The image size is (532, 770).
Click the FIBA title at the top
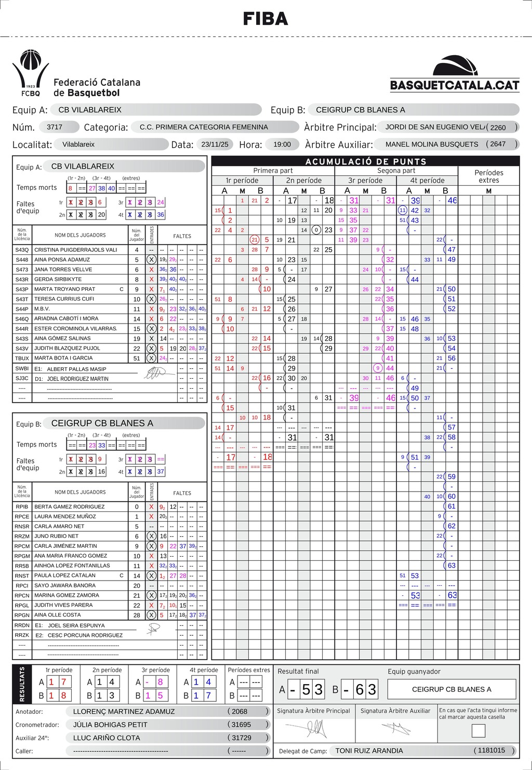point(265,19)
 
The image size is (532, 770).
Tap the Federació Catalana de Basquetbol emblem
point(30,73)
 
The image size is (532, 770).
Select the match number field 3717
point(55,127)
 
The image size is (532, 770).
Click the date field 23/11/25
point(217,144)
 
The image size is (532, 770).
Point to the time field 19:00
point(282,144)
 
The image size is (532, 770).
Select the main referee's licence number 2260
point(498,127)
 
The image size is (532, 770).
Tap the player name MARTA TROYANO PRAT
point(64,289)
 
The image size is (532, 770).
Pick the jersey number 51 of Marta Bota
point(137,358)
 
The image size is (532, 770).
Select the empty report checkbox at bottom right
point(478,730)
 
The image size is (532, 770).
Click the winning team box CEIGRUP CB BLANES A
point(451,689)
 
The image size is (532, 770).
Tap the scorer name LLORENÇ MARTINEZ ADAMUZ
point(124,711)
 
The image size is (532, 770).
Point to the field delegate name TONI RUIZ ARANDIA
point(369,751)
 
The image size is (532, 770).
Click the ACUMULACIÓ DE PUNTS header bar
point(365,161)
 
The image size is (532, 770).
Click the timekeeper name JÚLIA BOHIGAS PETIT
point(110,724)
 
